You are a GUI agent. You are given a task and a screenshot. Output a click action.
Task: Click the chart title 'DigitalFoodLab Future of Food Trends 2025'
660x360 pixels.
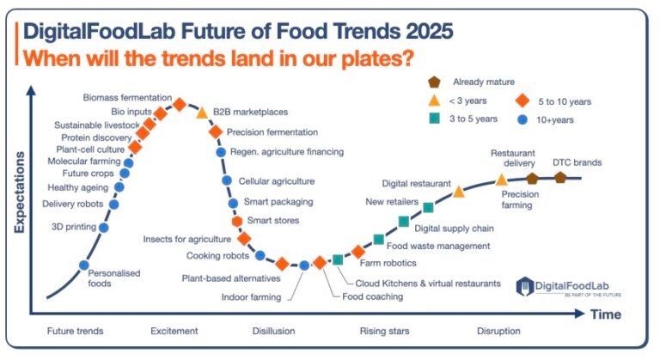pyautogui.click(x=238, y=32)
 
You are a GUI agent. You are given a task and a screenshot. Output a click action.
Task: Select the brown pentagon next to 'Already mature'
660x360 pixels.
pyautogui.click(x=434, y=82)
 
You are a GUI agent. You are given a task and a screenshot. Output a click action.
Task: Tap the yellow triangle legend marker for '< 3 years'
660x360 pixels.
pyautogui.click(x=434, y=101)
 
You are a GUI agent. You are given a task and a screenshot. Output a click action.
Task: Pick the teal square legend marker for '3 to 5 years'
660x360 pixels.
pyautogui.click(x=434, y=119)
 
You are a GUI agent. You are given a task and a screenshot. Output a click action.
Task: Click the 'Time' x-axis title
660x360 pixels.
pyautogui.click(x=605, y=314)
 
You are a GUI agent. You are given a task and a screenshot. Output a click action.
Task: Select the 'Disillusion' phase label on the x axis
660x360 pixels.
pyautogui.click(x=273, y=331)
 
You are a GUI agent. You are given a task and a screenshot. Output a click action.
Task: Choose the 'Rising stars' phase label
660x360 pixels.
pyautogui.click(x=384, y=331)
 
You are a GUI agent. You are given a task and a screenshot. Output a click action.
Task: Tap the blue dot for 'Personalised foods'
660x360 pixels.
pyautogui.click(x=84, y=265)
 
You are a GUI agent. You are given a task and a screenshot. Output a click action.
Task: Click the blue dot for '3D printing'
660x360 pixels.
pyautogui.click(x=104, y=228)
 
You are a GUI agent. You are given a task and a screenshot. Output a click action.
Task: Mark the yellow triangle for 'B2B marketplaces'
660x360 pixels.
pyautogui.click(x=202, y=113)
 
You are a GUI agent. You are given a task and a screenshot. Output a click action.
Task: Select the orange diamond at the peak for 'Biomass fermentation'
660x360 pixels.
pyautogui.click(x=180, y=104)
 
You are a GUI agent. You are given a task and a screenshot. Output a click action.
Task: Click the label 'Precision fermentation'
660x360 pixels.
pyautogui.click(x=272, y=132)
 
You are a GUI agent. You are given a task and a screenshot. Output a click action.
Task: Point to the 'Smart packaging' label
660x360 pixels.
pyautogui.click(x=278, y=202)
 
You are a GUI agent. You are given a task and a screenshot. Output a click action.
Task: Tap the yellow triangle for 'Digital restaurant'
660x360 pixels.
pyautogui.click(x=459, y=191)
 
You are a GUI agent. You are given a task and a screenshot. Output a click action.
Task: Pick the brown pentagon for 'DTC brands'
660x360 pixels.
pyautogui.click(x=560, y=177)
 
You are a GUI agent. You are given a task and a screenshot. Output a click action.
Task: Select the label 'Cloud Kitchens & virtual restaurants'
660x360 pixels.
pyautogui.click(x=428, y=283)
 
